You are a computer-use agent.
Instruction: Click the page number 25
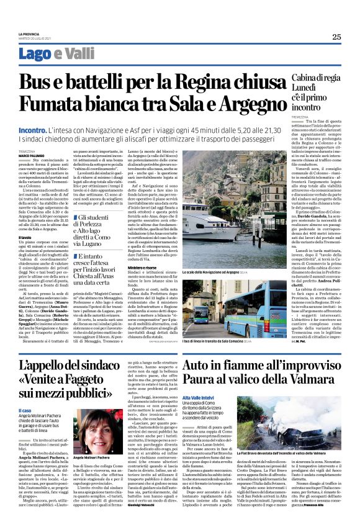pos(336,37)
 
